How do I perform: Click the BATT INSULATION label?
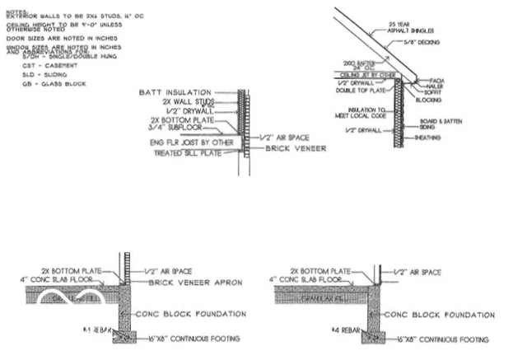point(177,92)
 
